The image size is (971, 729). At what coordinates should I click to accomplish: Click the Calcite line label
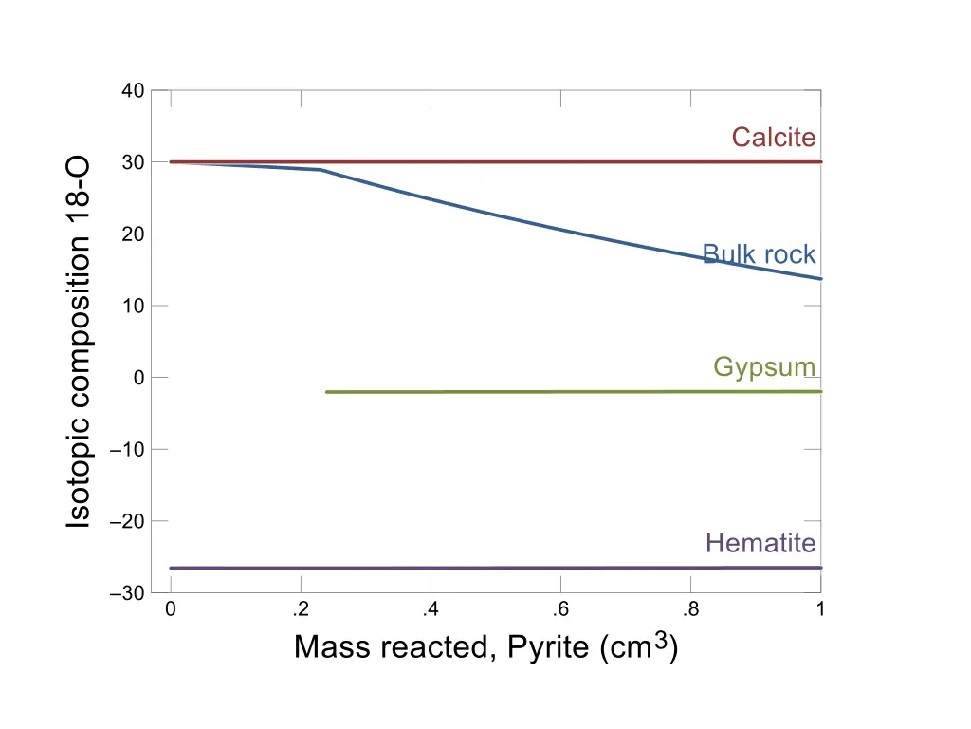point(773,138)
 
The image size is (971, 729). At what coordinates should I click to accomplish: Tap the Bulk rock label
point(759,254)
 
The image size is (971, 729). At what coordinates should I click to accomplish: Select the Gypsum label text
point(764,367)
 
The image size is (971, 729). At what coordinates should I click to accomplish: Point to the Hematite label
point(760,543)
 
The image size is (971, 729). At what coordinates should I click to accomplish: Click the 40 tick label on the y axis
point(133,91)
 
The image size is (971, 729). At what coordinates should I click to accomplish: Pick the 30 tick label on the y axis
point(133,162)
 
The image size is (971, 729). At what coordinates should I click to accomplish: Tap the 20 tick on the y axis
point(133,234)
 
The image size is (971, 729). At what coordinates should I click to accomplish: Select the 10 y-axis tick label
point(133,306)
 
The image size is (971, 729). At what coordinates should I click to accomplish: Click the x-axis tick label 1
point(820,609)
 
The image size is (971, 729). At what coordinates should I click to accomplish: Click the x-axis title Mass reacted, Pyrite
point(485,647)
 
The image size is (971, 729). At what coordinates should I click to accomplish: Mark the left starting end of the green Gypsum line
point(326,392)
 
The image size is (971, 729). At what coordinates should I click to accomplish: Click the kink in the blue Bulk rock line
point(321,170)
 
